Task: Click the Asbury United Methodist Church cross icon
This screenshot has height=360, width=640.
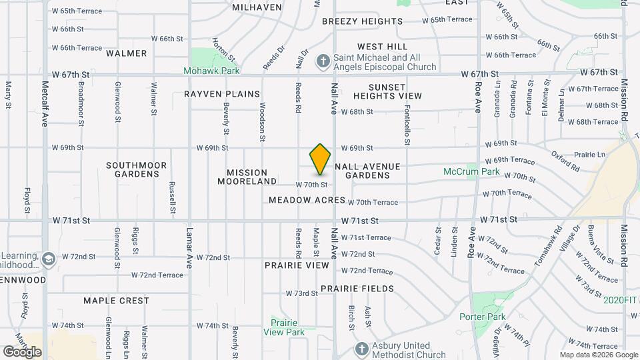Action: [x=361, y=349]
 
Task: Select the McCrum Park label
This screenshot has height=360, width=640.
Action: [x=471, y=171]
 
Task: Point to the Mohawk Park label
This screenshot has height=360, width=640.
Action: [x=213, y=69]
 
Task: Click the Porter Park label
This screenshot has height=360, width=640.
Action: [x=482, y=317]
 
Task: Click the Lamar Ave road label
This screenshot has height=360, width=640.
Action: [x=189, y=246]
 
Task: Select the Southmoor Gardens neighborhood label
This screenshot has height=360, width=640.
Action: [x=133, y=169]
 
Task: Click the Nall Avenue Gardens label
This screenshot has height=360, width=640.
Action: [x=367, y=171]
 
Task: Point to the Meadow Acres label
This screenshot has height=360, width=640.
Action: [x=307, y=200]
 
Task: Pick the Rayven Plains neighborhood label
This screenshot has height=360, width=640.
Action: [x=222, y=94]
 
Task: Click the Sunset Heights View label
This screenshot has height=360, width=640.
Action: [x=387, y=91]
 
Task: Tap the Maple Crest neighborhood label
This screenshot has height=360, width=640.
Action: [x=116, y=301]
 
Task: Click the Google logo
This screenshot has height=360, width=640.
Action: [x=22, y=351]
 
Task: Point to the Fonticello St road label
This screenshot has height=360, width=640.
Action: [x=407, y=127]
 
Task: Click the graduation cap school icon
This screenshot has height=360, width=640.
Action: [x=48, y=257]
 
